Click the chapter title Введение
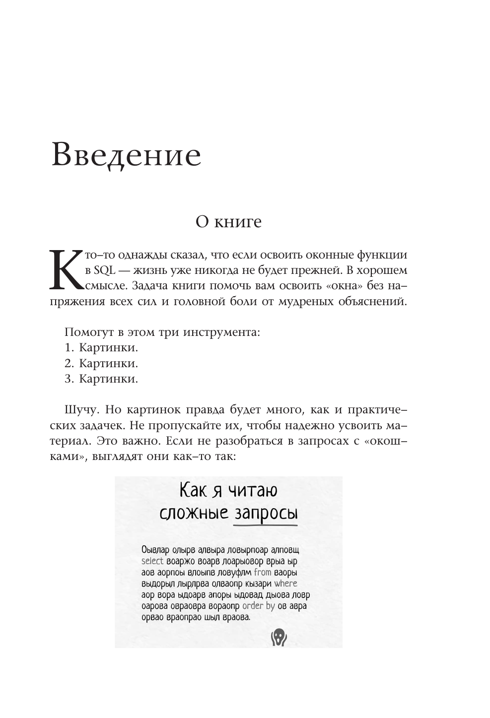tap(126, 155)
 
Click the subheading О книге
tap(228, 221)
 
